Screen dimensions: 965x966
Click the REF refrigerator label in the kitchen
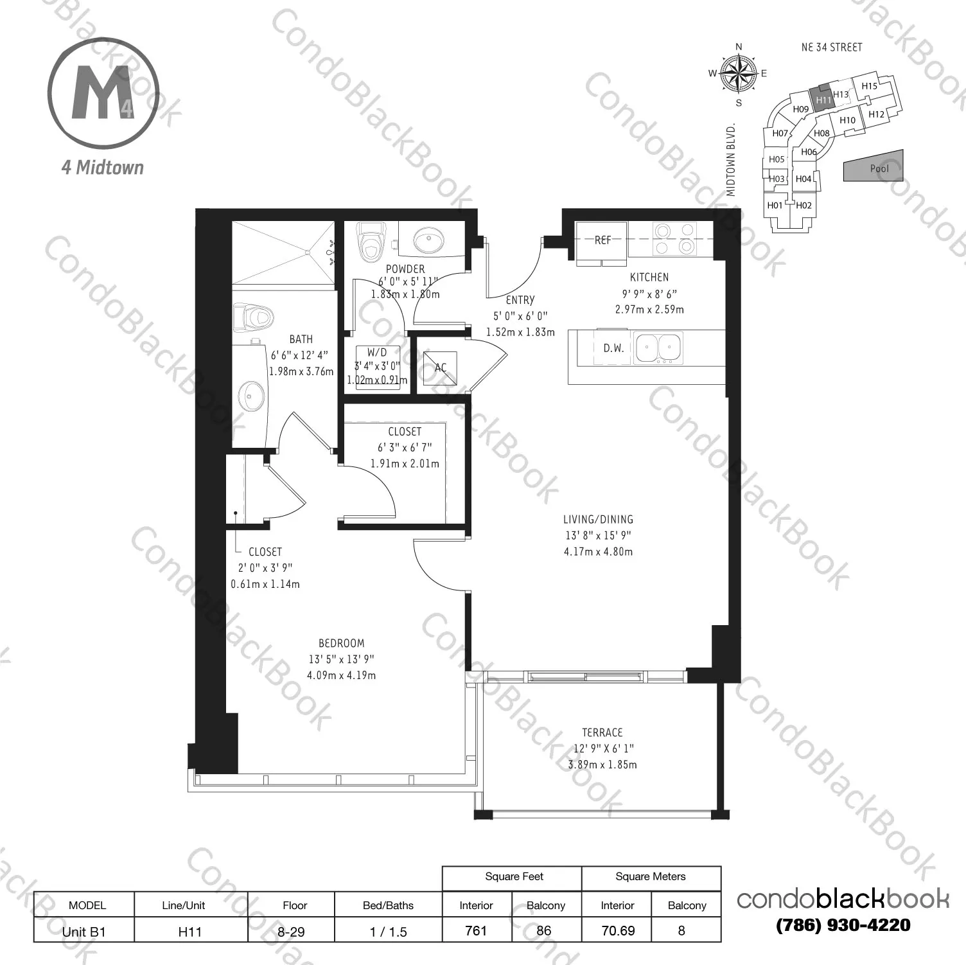pos(602,240)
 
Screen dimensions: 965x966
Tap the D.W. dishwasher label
pos(613,348)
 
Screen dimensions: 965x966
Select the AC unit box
pos(441,367)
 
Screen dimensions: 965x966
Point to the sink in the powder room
pos(427,241)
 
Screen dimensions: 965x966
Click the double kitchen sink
pos(658,348)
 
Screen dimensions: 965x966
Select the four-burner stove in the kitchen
pos(674,238)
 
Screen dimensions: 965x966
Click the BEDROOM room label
pos(341,643)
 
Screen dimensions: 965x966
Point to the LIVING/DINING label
pos(598,519)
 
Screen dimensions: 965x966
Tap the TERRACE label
pos(602,732)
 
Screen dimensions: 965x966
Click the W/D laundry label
pos(377,352)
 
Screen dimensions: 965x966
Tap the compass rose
pos(739,73)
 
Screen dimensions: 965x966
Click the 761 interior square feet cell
pos(476,930)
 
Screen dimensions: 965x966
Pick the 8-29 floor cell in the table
pos(291,931)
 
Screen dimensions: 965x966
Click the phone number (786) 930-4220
pos(843,925)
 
